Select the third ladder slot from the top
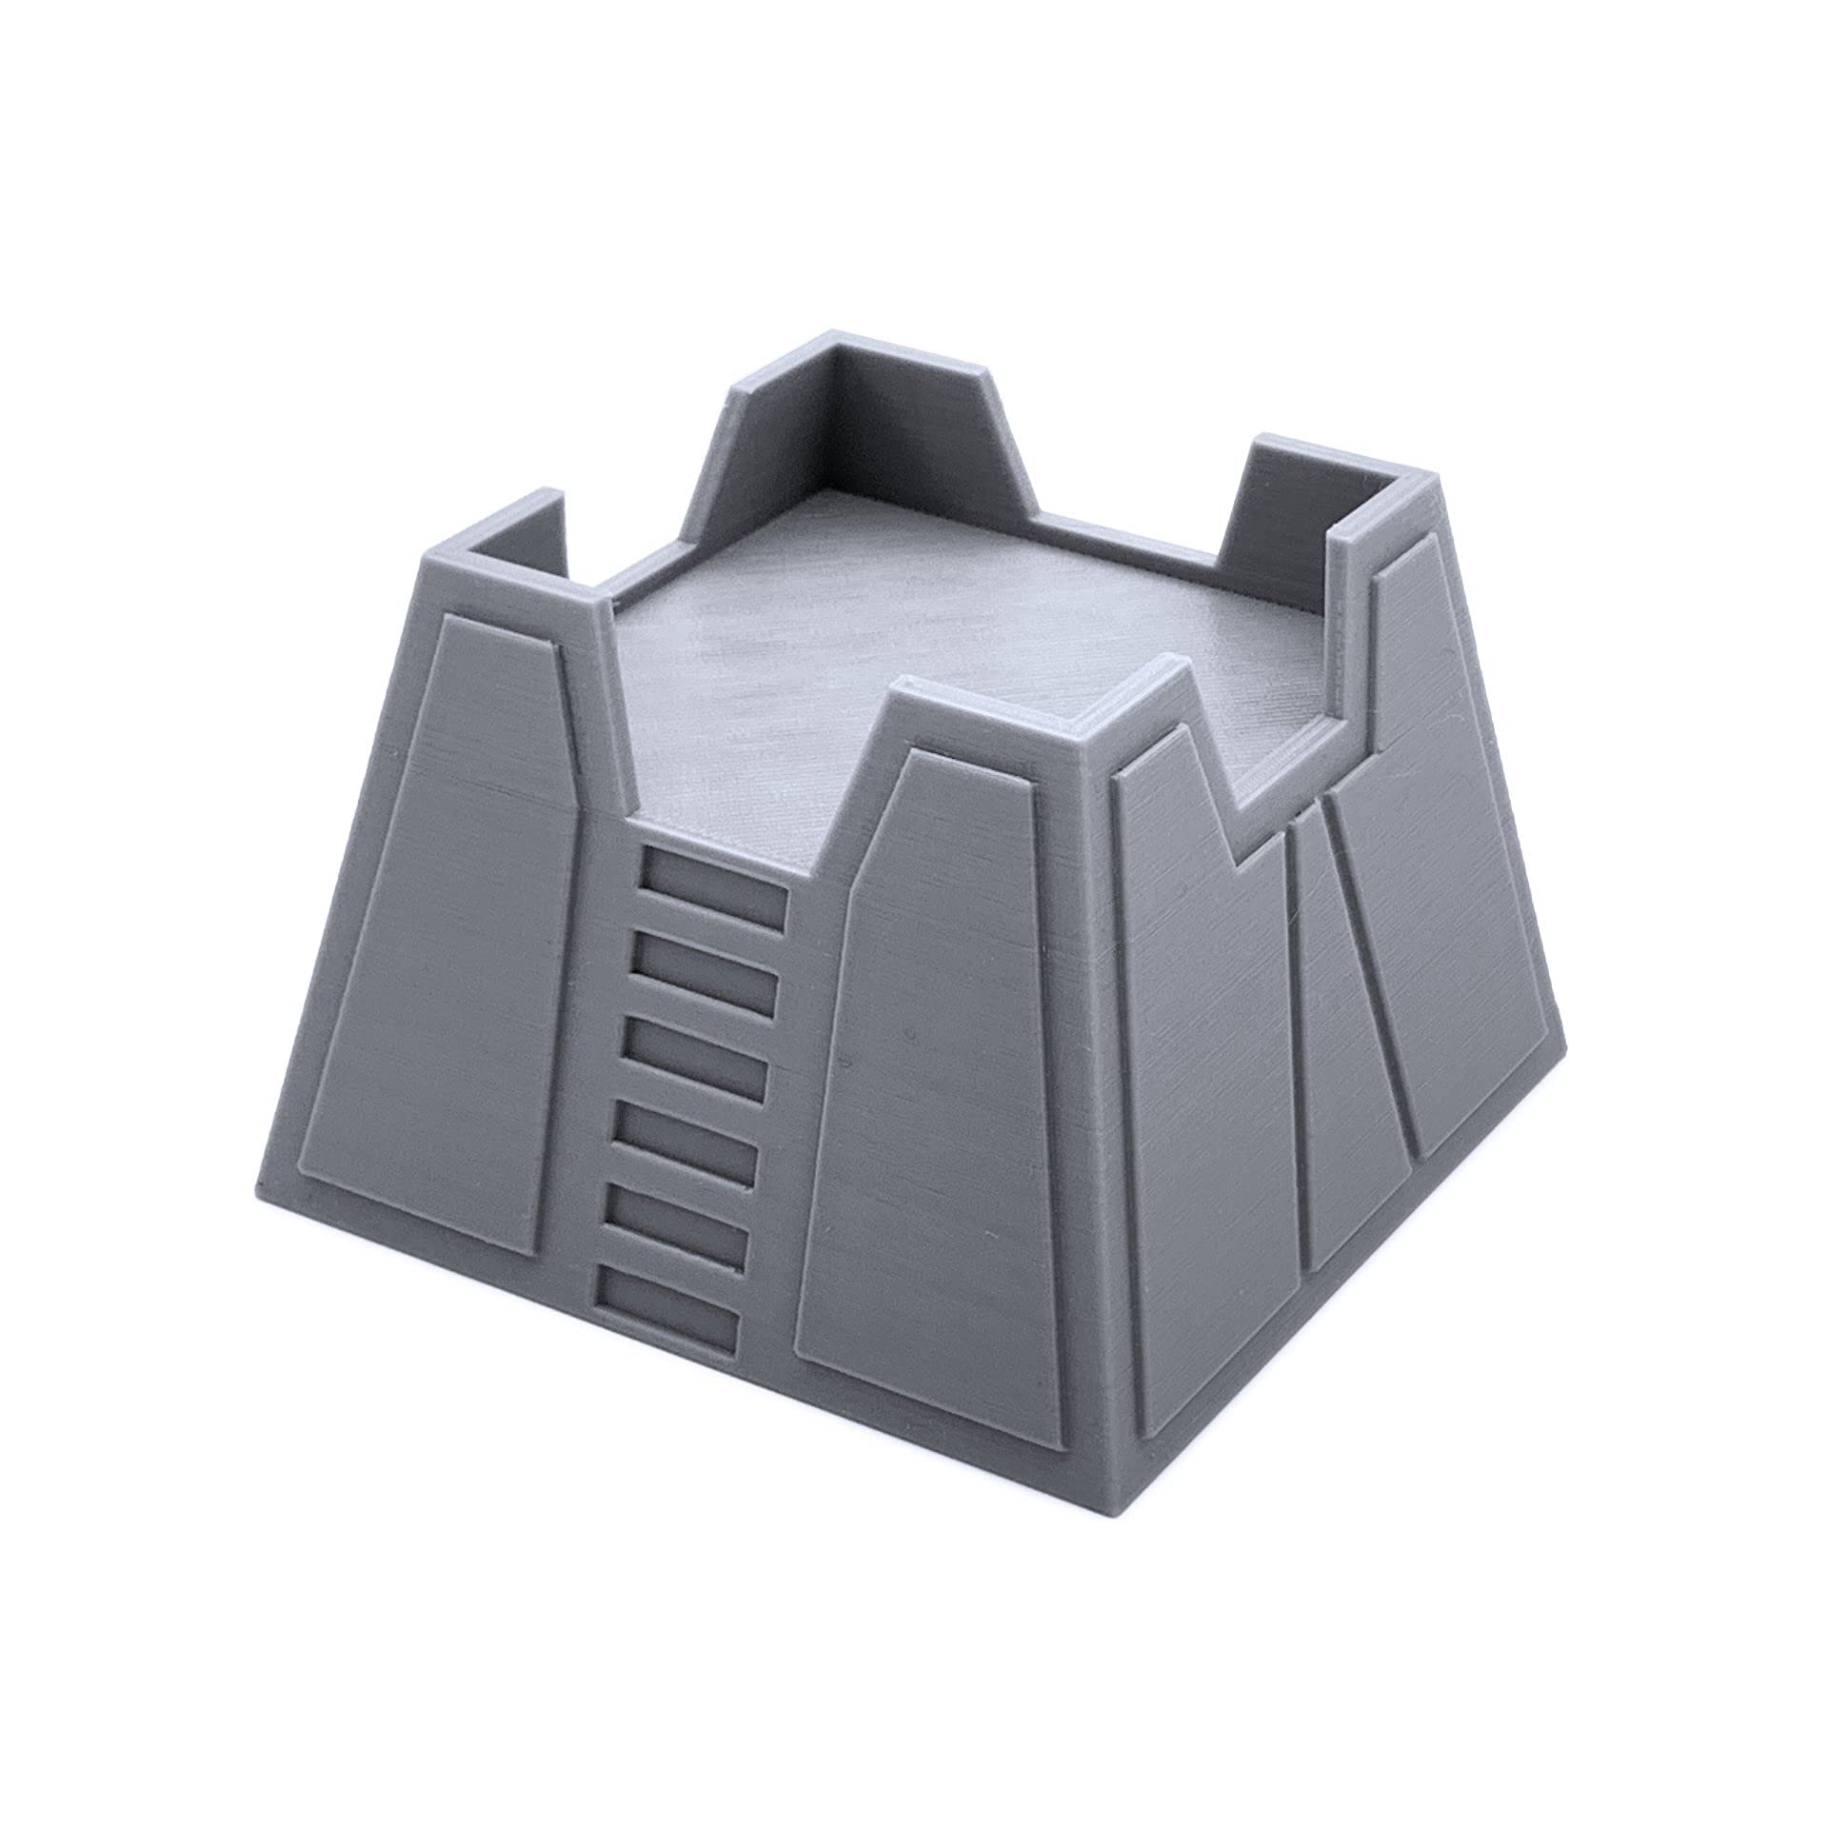[696, 1069]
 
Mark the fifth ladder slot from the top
[677, 1239]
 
